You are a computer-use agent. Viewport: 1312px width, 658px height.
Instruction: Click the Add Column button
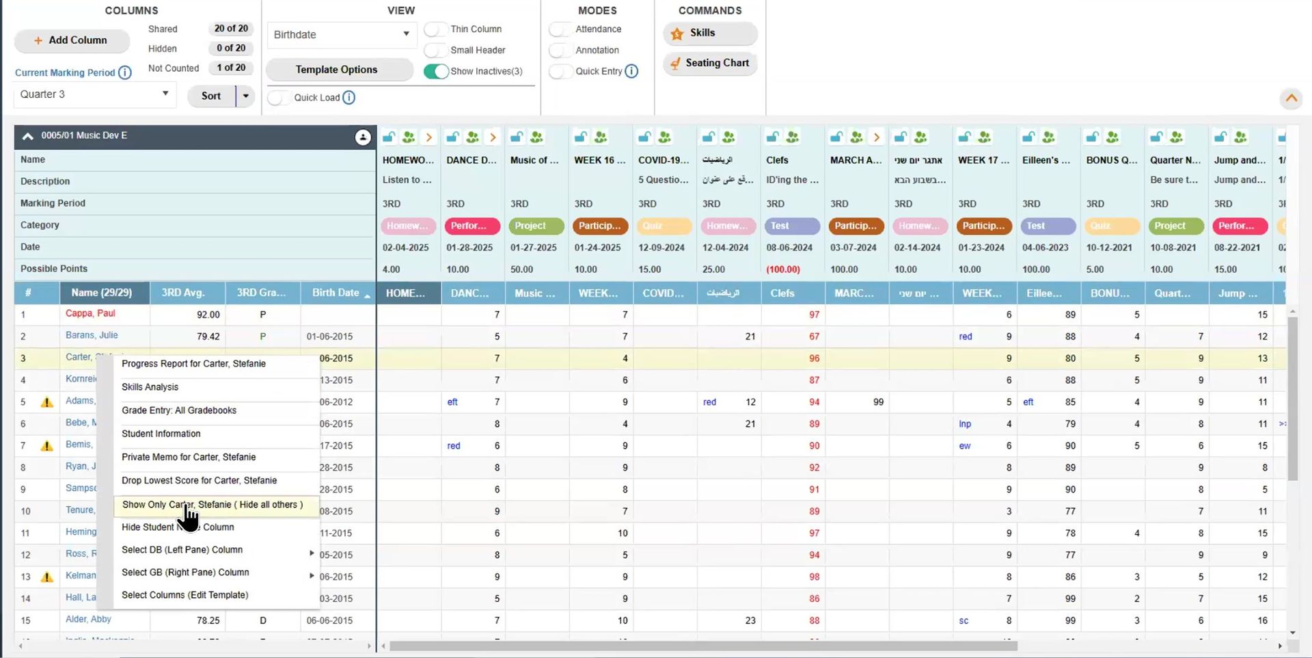tap(71, 40)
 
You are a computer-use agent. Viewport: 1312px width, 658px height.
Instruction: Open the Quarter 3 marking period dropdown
tap(94, 94)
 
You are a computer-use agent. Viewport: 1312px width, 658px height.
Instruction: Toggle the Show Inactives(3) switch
tap(436, 71)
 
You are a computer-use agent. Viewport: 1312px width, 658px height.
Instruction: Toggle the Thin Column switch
tap(436, 29)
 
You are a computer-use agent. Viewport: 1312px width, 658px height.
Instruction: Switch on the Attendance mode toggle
tap(560, 29)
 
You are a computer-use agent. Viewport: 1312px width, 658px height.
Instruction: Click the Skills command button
tap(709, 33)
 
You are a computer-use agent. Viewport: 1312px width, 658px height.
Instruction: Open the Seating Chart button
tap(709, 63)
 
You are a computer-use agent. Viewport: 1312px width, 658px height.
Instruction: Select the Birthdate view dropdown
tap(340, 34)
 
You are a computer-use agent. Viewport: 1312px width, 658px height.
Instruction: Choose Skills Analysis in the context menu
tap(150, 387)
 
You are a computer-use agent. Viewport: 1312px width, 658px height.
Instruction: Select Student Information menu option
tap(161, 434)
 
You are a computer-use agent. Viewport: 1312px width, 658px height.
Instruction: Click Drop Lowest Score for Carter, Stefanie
tap(199, 480)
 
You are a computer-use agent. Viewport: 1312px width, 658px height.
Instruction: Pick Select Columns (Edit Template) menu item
tap(184, 595)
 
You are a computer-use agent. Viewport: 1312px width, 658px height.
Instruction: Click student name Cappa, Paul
tap(90, 313)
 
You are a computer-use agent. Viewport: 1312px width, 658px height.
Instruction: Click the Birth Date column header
tap(336, 293)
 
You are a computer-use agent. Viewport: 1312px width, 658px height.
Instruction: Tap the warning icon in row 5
tap(47, 402)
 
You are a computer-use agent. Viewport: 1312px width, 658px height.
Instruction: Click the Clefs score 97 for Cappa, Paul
tap(814, 315)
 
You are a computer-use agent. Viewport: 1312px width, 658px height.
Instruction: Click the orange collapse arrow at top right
tap(1291, 98)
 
